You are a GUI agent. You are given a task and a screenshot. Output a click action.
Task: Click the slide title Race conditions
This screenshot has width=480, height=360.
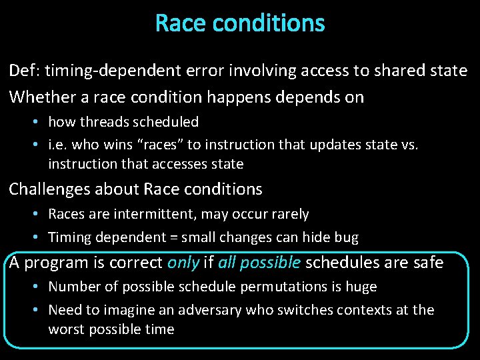[x=240, y=23]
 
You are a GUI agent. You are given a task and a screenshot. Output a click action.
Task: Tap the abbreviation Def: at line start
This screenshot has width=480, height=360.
[x=24, y=71]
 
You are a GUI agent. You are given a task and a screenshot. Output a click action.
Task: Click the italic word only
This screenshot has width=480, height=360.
[x=183, y=263]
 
